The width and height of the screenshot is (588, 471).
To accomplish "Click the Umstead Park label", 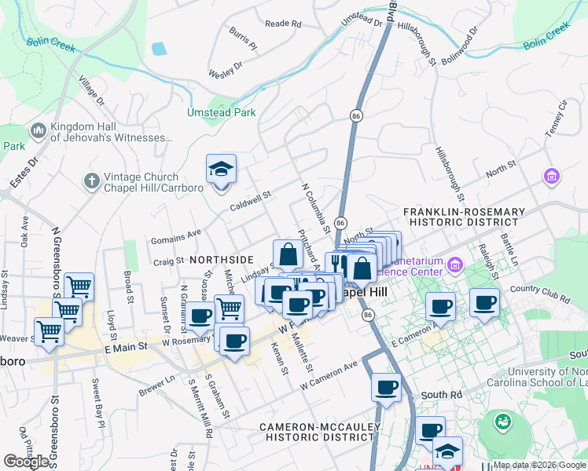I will (221, 112).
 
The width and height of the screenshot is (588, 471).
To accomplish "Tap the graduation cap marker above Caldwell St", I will (221, 170).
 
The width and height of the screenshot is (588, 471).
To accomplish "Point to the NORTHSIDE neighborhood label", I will (221, 260).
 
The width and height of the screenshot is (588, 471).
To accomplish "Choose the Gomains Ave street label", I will (177, 233).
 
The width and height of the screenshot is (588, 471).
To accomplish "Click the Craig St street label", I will (168, 262).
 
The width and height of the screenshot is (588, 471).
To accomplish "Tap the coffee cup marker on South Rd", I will (386, 388).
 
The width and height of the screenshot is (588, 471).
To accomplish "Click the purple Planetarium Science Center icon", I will (454, 267).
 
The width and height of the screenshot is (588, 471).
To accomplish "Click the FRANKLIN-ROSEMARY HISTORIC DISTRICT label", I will (463, 217).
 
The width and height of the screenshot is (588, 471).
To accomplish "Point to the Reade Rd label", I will (283, 24).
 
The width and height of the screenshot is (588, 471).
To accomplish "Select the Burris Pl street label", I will (243, 39).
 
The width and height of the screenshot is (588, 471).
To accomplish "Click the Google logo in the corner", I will (27, 462).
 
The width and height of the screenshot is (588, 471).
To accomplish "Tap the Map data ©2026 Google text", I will (538, 465).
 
